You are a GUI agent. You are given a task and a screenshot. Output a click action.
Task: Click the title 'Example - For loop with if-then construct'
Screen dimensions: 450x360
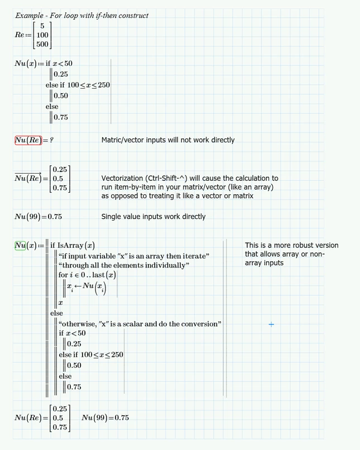(81, 16)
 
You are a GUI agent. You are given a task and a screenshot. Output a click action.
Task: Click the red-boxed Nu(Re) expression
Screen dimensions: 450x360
(27, 140)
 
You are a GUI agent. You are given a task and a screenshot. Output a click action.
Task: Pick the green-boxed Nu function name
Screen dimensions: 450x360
(20, 245)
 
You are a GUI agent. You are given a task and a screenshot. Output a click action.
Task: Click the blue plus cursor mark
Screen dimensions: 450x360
(271, 324)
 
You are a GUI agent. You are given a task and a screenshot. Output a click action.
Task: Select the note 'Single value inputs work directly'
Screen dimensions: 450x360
(153, 217)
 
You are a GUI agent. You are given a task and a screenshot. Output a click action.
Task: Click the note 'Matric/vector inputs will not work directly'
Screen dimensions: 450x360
(167, 140)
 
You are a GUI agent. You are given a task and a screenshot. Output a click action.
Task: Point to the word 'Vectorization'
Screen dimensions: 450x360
(123, 178)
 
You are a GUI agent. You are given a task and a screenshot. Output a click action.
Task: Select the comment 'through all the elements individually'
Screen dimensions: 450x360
(123, 265)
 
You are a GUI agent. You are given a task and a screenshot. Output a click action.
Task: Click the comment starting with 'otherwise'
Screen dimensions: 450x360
(140, 324)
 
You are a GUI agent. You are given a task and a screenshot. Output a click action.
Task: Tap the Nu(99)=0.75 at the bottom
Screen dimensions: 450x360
(105, 418)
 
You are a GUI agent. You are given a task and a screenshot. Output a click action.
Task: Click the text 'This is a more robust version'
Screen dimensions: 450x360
(291, 246)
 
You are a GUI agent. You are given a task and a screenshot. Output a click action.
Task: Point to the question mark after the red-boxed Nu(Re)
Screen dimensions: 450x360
(51, 140)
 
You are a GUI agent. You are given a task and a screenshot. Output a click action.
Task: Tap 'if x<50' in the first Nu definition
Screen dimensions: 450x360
(59, 64)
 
